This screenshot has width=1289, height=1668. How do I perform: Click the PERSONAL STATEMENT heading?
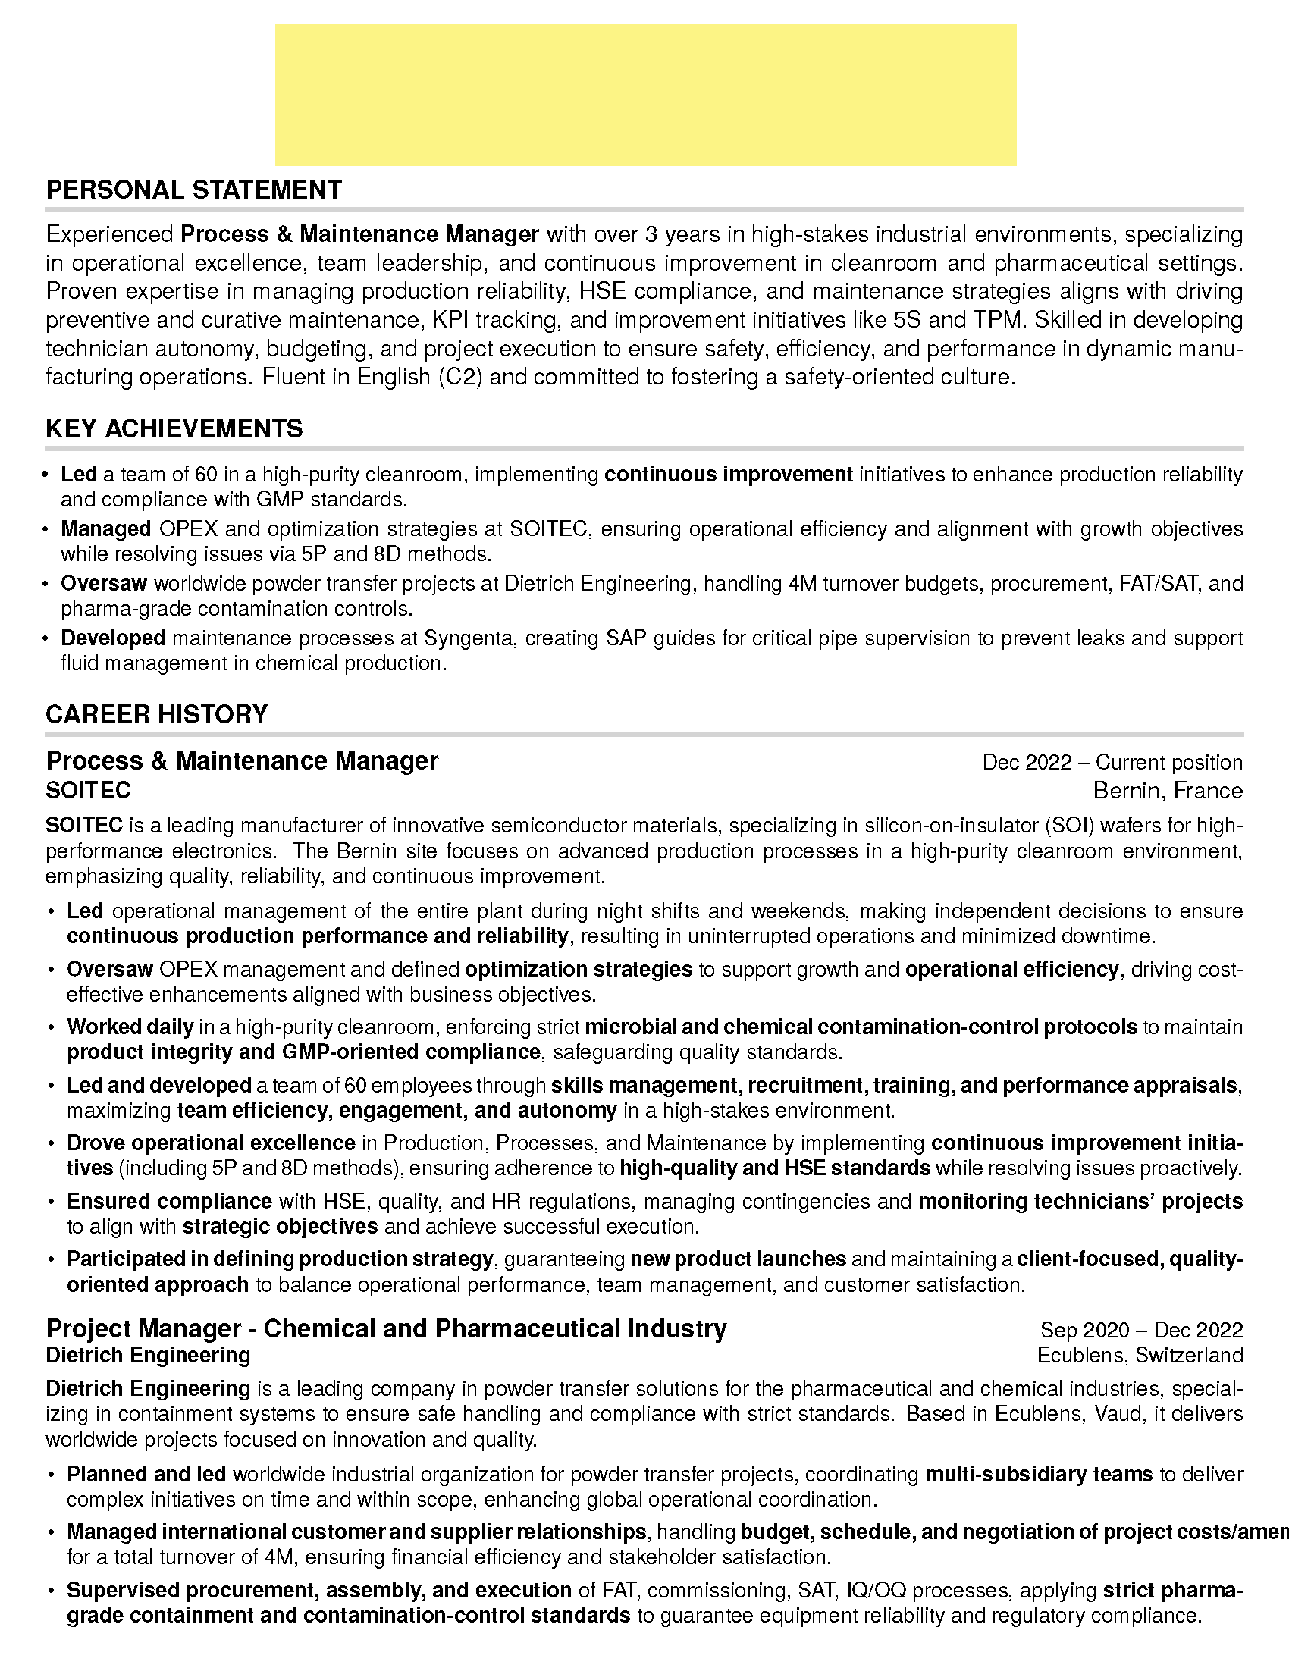coord(194,190)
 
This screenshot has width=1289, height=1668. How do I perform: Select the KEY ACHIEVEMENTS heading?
coord(174,428)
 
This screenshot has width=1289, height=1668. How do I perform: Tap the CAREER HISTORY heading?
coord(156,714)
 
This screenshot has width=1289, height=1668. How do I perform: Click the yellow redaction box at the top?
coord(645,95)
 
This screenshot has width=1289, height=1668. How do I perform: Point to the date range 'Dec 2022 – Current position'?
coord(1112,762)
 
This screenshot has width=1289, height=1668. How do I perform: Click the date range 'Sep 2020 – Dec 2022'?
coord(1141,1330)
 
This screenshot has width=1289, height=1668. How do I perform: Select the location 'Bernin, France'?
coord(1168,790)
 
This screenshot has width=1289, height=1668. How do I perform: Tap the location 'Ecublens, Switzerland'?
coord(1140,1356)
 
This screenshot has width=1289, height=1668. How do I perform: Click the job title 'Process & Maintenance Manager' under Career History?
coord(242,760)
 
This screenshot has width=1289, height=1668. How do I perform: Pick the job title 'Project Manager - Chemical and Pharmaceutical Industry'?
coord(387,1329)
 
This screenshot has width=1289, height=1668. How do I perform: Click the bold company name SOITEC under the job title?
coord(89,790)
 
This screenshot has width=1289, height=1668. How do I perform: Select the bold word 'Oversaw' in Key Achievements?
coord(104,584)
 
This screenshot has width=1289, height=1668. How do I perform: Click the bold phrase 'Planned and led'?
coord(146,1475)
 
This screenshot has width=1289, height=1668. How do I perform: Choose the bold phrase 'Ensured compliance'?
coord(170,1202)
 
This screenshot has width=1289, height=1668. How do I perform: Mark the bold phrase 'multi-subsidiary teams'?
coord(1039,1475)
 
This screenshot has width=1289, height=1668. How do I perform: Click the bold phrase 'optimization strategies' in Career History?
coord(578,969)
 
